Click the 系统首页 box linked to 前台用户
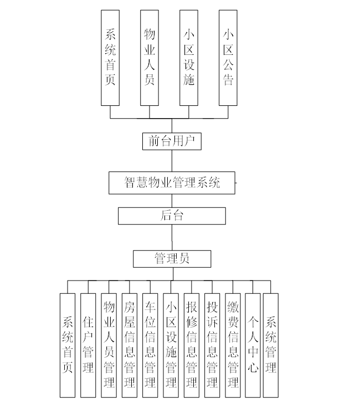[x=110, y=58]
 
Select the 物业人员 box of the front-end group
[x=149, y=58]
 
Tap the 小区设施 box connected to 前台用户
[x=189, y=58]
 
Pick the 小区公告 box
[x=228, y=58]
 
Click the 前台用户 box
[x=171, y=141]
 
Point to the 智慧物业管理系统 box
[x=172, y=183]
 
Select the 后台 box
[x=172, y=216]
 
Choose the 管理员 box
[x=172, y=258]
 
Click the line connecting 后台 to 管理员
[x=172, y=237]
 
